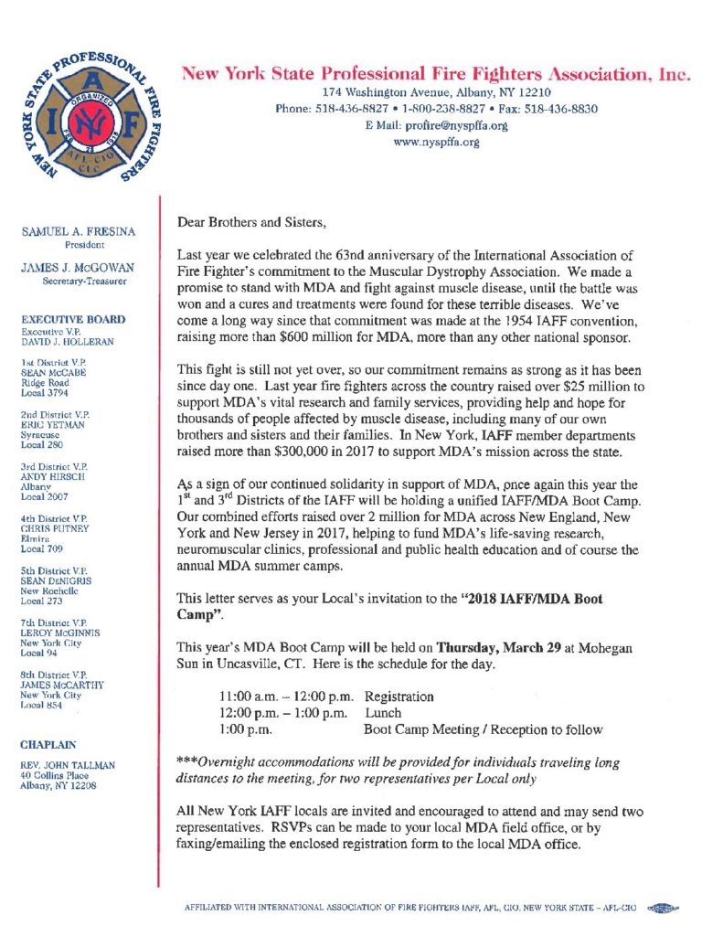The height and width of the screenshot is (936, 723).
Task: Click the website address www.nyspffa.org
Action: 436,143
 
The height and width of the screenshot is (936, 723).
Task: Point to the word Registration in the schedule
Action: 399,697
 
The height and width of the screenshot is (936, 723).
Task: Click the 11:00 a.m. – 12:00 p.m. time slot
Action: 285,697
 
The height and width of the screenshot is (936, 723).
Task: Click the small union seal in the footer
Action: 660,908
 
